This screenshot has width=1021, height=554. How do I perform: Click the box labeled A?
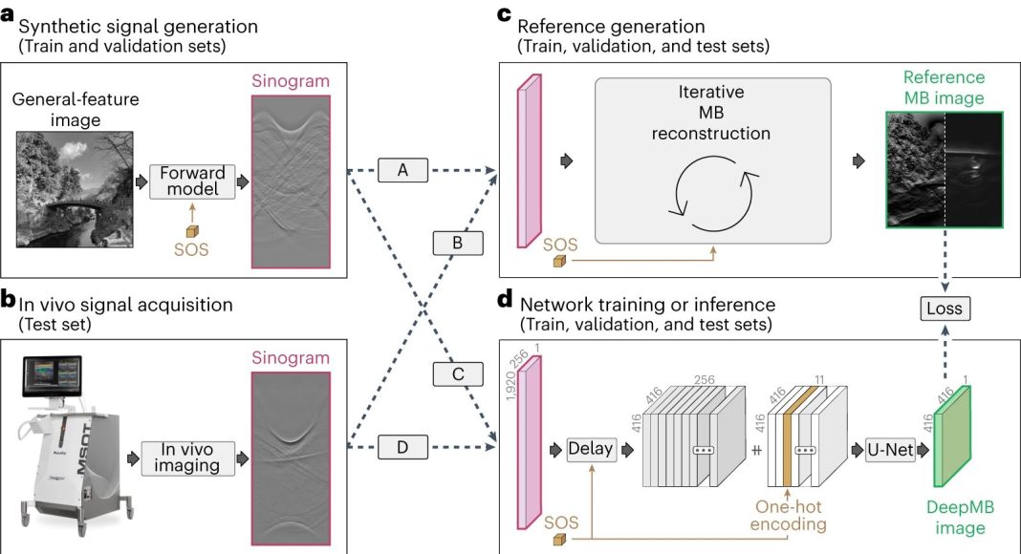(x=403, y=170)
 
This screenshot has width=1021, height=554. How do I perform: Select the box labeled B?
(x=458, y=243)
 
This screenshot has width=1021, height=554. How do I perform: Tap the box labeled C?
(x=458, y=373)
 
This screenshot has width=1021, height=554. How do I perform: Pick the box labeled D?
(x=403, y=447)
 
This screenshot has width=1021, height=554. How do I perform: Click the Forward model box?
(x=192, y=181)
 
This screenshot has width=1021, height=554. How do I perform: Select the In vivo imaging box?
(x=187, y=458)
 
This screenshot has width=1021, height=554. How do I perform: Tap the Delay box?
(x=591, y=449)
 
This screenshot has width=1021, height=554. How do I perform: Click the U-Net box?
(x=890, y=449)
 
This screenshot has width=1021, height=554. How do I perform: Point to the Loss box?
(x=945, y=309)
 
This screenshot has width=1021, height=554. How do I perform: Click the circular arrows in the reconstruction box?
(x=714, y=194)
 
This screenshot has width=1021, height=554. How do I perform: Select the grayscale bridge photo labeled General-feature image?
(x=75, y=189)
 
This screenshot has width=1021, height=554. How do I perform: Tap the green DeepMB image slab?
(x=952, y=437)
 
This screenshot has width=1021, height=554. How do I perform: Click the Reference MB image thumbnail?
(x=945, y=169)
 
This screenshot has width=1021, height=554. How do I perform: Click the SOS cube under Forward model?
(x=192, y=231)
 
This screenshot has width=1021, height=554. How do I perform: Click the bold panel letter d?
(x=505, y=300)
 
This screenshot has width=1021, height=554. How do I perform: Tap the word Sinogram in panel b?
(x=291, y=357)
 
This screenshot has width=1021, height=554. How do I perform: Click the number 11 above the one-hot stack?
(x=820, y=380)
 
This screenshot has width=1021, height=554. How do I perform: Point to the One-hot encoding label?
(x=788, y=516)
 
